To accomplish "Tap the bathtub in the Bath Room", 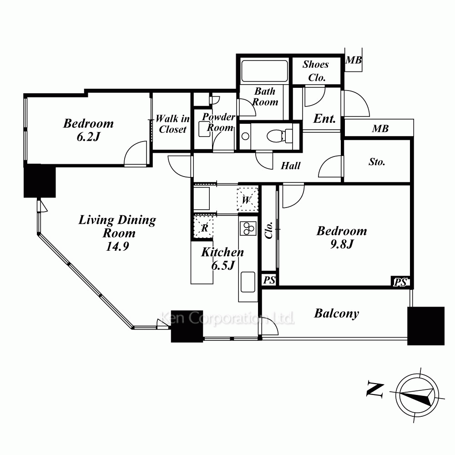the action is pos(264,71).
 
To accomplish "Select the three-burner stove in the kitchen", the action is pos(248,228).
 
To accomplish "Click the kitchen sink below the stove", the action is pos(248,282).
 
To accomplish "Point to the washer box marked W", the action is pos(247,200).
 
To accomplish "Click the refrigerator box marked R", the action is pos(203,227).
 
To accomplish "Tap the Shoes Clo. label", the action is pos(316,71).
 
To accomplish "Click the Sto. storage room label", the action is pos(377,162).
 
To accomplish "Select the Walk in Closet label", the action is pos(172,124).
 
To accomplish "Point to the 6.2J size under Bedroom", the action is pos(88,136).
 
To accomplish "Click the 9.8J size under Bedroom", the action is pos(342,244).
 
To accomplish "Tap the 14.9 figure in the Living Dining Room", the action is pos(117,246).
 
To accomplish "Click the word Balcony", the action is pos(337,313).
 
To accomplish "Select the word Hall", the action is pos(290,166).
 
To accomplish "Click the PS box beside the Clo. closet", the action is pos(269,280).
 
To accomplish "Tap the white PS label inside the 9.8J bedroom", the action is pos(400,282).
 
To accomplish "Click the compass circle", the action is pos(417,395).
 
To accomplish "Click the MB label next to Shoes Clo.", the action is pos(354,60).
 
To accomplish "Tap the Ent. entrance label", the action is pos(324,118).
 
